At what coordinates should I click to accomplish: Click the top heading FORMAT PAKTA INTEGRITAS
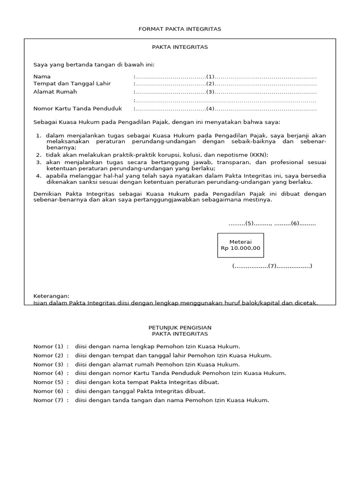coord(180,29)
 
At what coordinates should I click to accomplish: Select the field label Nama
coord(42,76)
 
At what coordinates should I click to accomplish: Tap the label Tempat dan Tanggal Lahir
coord(72,83)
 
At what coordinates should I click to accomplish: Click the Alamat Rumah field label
coord(55,92)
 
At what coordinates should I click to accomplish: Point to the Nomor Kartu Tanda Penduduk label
coord(77,109)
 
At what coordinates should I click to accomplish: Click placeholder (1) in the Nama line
coord(210,76)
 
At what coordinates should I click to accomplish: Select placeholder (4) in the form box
coord(210,109)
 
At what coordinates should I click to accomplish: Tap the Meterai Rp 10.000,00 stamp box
coord(240,245)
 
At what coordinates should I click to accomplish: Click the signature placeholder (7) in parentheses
coord(272,266)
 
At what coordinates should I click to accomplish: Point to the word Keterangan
coord(51,296)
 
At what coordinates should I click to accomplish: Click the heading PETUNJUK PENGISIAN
coord(180,327)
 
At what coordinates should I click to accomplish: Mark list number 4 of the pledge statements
coord(38,176)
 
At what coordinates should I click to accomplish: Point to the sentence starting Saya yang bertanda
coord(93,65)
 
